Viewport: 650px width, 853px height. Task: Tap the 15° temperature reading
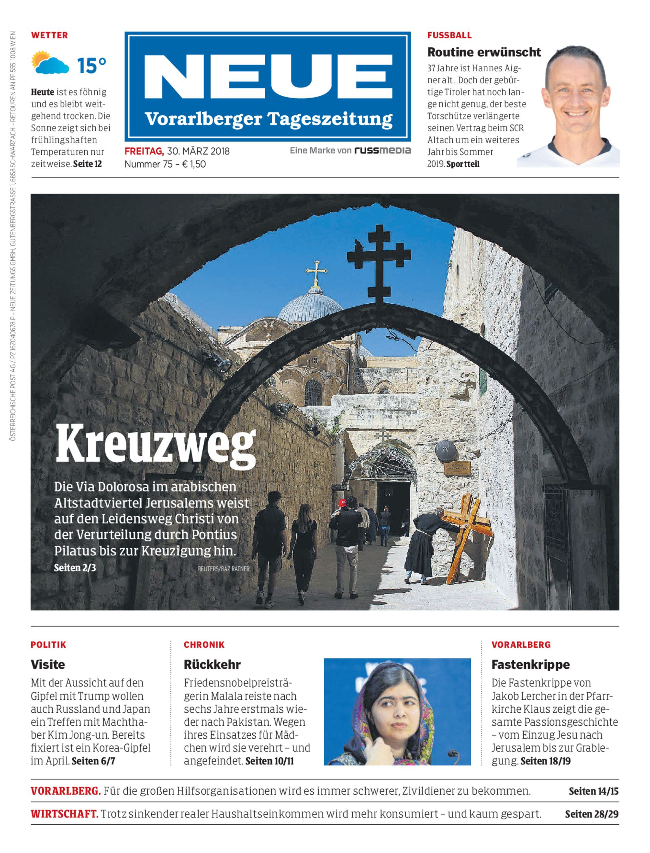click(91, 66)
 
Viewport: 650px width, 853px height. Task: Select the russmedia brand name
click(382, 150)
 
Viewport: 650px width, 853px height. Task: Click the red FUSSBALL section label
click(449, 35)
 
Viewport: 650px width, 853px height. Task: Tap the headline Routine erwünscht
click(484, 52)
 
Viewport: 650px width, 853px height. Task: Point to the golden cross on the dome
click(316, 272)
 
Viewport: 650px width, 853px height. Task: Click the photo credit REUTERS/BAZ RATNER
click(223, 569)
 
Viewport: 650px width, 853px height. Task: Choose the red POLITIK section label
click(48, 645)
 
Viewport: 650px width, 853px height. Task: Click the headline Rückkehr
click(212, 665)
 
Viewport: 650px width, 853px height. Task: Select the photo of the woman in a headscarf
click(397, 712)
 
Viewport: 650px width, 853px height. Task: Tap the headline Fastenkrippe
click(531, 665)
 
